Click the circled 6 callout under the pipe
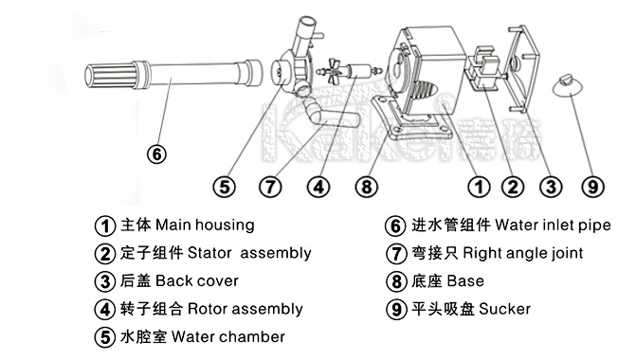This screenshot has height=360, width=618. (156, 154)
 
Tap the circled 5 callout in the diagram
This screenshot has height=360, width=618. (225, 187)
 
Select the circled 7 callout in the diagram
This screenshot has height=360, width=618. (270, 187)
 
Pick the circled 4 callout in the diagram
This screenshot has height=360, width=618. (318, 187)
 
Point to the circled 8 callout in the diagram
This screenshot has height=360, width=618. (367, 187)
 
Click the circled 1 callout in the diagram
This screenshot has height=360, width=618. (480, 187)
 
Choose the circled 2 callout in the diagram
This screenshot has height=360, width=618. (513, 187)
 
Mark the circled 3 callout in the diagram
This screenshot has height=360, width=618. (551, 187)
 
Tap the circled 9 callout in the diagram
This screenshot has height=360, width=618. (593, 187)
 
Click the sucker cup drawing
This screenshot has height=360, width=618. (567, 85)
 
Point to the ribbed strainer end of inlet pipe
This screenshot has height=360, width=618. (110, 75)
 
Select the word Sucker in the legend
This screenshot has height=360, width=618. (504, 309)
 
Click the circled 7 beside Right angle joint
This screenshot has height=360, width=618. (395, 253)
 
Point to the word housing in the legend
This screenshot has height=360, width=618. (225, 225)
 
